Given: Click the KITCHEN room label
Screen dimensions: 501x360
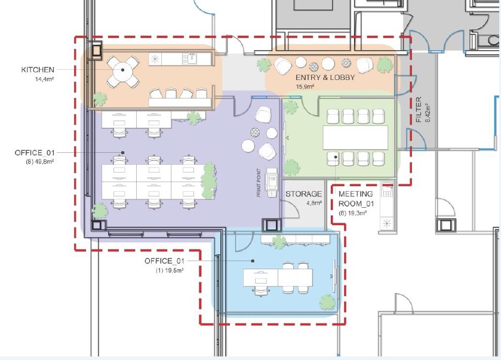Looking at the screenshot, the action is (x=38, y=70).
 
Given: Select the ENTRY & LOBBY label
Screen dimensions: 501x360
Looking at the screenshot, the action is (x=325, y=78).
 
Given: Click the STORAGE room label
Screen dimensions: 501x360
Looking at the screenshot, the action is (x=303, y=194).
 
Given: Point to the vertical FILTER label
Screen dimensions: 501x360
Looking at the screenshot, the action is (x=419, y=110).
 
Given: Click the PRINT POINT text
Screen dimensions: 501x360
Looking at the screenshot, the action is (x=259, y=183).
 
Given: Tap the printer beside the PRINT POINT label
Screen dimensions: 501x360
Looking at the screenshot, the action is (x=271, y=183).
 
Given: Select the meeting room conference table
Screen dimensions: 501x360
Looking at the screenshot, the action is (x=355, y=138).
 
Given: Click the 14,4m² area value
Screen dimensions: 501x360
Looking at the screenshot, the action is (x=44, y=79).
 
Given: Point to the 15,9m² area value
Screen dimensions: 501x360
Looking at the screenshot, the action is (x=305, y=86).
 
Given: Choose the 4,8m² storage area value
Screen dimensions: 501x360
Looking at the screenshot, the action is (x=313, y=203).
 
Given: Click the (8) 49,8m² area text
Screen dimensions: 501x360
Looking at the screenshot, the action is (x=39, y=162).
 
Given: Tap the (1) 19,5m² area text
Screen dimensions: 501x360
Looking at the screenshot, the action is (x=170, y=270).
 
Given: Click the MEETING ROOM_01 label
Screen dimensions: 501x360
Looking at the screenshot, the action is (x=356, y=199).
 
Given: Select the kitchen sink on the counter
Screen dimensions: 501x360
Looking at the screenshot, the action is (x=189, y=59).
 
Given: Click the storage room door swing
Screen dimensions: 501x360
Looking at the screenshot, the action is (x=291, y=209).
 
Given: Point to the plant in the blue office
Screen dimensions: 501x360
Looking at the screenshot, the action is (x=327, y=302).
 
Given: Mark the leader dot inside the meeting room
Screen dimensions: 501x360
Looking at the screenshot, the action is (x=336, y=157).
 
